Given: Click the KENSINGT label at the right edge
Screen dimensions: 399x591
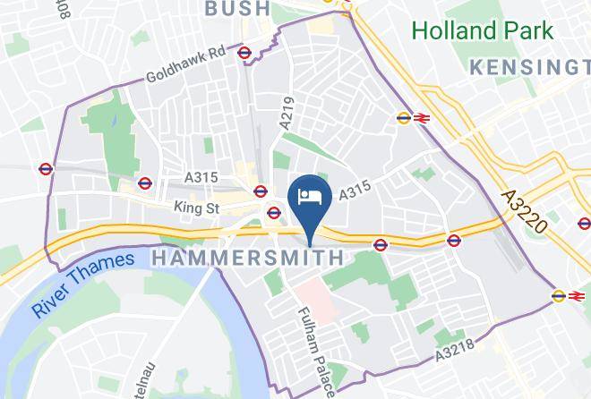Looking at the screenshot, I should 531,67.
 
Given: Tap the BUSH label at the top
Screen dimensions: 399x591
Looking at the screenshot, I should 237,9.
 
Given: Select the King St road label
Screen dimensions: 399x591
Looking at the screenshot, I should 198,207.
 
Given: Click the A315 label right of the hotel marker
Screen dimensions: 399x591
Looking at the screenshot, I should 355,191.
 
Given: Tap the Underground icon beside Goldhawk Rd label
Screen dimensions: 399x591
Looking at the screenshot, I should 244,52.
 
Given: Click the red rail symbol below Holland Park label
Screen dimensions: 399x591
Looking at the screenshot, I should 420,117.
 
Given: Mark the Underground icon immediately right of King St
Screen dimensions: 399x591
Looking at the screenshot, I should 274,212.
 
